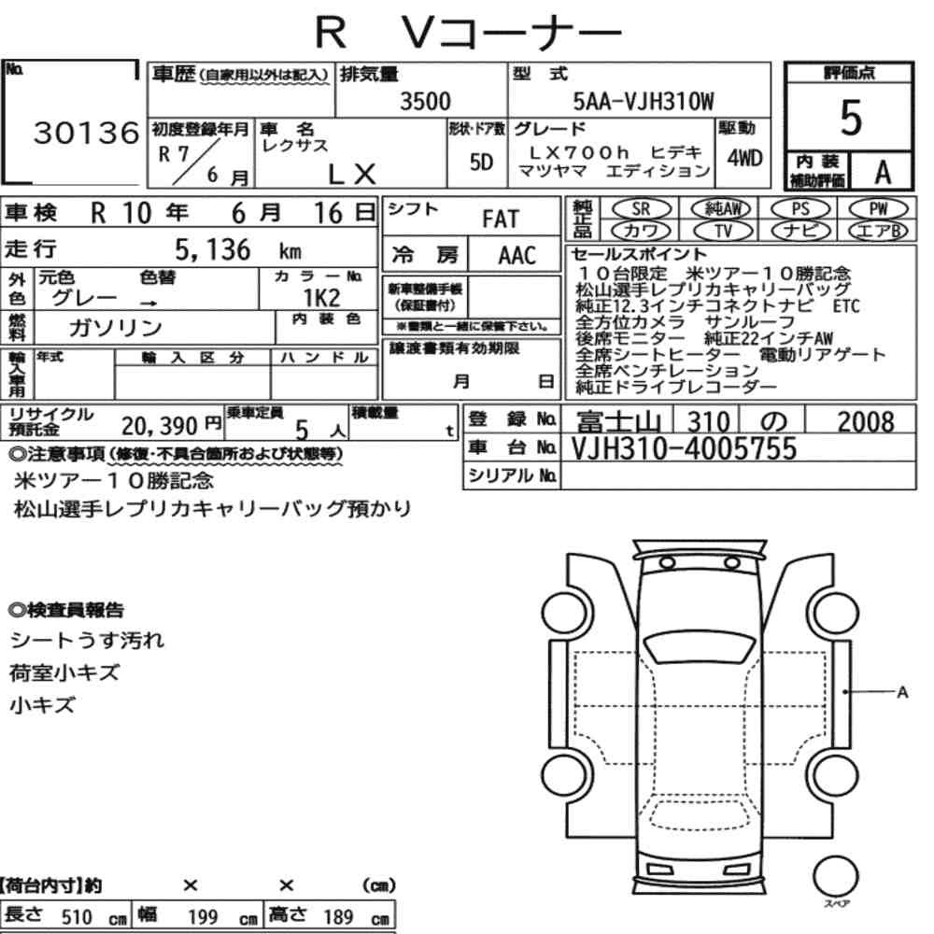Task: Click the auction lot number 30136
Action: pyautogui.click(x=86, y=133)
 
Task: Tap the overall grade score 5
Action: pyautogui.click(x=851, y=118)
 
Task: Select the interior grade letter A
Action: pyautogui.click(x=883, y=173)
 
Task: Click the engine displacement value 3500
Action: pyautogui.click(x=425, y=101)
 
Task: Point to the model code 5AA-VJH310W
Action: pyautogui.click(x=643, y=101)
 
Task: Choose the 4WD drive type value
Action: pyautogui.click(x=744, y=159)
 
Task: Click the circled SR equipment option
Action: pyautogui.click(x=641, y=209)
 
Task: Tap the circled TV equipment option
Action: pyautogui.click(x=723, y=231)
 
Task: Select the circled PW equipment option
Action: pyautogui.click(x=879, y=208)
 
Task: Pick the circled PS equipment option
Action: pyautogui.click(x=800, y=209)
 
